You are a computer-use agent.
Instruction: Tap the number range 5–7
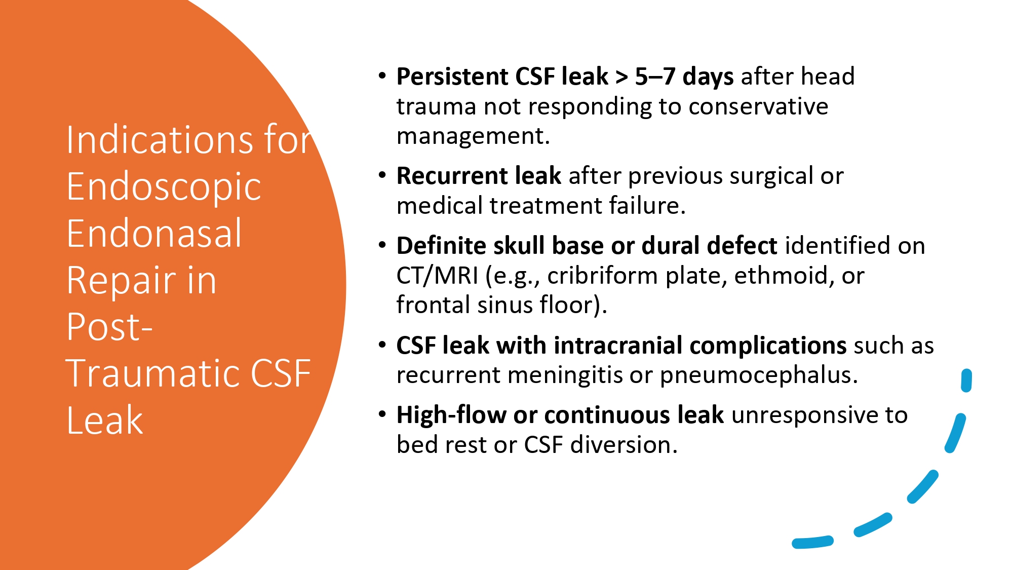pos(655,77)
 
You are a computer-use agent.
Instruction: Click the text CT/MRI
pos(437,276)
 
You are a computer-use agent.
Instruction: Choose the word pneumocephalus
pos(758,375)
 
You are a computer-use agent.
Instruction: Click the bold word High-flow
pos(451,415)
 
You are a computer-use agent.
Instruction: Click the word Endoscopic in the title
pos(164,187)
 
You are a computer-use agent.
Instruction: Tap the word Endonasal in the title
pos(154,234)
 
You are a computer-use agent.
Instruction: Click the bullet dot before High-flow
pos(382,415)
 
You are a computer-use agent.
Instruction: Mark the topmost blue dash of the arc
pos(966,381)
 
